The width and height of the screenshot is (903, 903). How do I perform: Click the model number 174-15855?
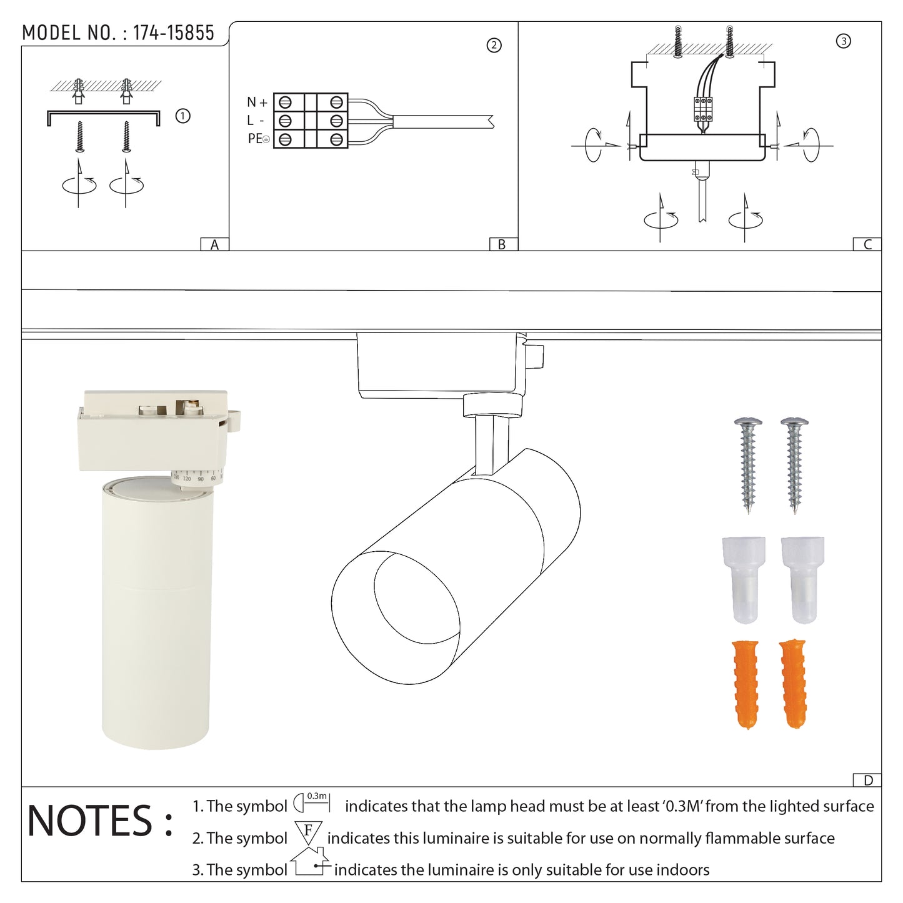(173, 32)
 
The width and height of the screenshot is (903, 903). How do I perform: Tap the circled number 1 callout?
(182, 116)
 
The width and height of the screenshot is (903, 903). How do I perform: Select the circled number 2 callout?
(494, 46)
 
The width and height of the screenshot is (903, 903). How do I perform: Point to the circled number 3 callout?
(844, 41)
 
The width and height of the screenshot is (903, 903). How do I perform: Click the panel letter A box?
(214, 244)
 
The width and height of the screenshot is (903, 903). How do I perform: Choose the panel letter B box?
(503, 244)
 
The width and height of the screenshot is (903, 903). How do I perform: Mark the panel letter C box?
(867, 244)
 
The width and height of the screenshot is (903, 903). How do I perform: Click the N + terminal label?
(257, 102)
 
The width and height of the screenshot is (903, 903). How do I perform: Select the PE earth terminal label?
(259, 139)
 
